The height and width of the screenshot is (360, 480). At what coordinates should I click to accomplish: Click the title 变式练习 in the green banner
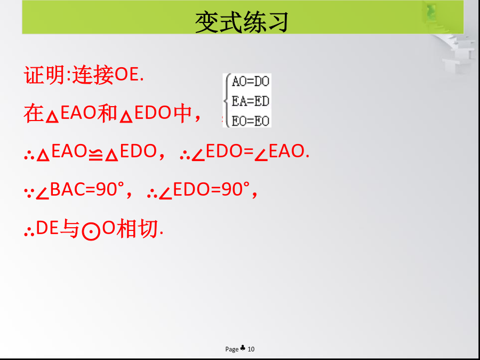coord(242,22)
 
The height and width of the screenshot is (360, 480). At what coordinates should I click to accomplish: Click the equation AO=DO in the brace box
coord(251,82)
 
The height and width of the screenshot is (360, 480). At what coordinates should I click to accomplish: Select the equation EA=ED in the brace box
coord(251,101)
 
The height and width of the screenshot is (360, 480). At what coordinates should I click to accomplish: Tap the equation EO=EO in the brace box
coord(251,121)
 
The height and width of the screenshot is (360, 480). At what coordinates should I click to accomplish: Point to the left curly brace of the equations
coord(227,101)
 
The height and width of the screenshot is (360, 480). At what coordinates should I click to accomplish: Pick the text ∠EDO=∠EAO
coord(250,152)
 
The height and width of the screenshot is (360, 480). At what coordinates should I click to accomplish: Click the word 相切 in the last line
coord(137,229)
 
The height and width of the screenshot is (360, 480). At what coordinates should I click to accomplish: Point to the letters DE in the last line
coord(47,229)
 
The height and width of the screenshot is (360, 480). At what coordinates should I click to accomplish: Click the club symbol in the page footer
coord(243,348)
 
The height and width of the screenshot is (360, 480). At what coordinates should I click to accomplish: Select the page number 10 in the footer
coord(251,349)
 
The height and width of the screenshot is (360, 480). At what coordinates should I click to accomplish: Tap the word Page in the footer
coord(232,349)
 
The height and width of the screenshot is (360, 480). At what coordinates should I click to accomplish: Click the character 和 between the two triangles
coord(107,113)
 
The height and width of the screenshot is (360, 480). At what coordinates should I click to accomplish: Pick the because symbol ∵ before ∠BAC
coord(28,193)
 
